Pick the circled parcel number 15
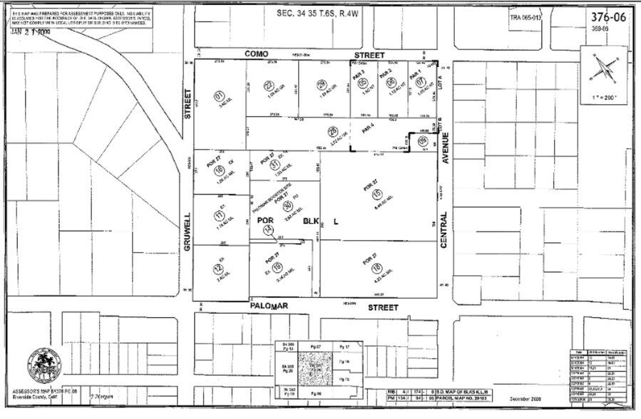[377, 195]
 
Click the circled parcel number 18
[376, 268]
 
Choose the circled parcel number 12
[218, 269]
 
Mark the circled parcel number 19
[277, 269]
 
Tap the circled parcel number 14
[268, 228]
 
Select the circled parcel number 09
[423, 141]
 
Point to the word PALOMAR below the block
[268, 306]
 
